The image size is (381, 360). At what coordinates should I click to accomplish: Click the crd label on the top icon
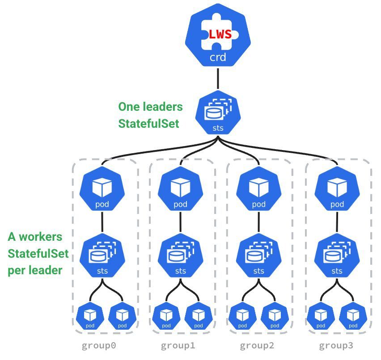point(218,57)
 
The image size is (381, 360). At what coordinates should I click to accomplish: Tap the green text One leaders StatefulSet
point(150,115)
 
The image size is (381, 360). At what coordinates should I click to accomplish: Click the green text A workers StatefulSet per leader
point(38,253)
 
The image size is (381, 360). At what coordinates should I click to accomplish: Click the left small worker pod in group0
point(90,317)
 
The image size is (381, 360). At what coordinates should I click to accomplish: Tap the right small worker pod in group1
point(198,317)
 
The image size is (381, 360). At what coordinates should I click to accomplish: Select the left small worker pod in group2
point(243,317)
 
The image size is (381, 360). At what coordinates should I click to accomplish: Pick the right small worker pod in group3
point(353,317)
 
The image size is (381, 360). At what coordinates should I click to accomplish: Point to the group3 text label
point(336,346)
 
